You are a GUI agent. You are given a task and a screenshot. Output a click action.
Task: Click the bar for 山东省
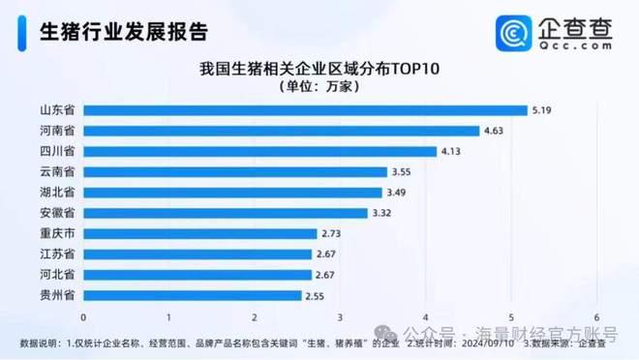pyautogui.click(x=305, y=110)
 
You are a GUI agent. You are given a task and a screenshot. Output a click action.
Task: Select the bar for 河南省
pyautogui.click(x=282, y=131)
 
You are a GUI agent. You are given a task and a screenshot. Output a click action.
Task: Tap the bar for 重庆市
pyautogui.click(x=200, y=233)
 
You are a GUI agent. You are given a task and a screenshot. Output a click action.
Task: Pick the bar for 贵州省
pyautogui.click(x=193, y=295)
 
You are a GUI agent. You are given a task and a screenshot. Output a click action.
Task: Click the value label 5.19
pyautogui.click(x=543, y=110)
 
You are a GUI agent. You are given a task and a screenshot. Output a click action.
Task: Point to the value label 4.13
pyautogui.click(x=453, y=151)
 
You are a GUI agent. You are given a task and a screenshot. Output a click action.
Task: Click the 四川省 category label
pyautogui.click(x=57, y=151)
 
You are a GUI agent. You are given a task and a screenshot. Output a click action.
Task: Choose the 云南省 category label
pyautogui.click(x=57, y=172)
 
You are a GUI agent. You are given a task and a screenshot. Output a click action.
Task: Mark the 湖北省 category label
pyautogui.click(x=57, y=193)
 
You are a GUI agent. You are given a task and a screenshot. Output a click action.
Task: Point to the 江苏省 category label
pyautogui.click(x=57, y=254)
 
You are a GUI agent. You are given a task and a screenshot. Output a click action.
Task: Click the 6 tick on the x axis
pyautogui.click(x=597, y=316)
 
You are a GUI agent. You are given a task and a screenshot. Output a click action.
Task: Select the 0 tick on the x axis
pyautogui.click(x=84, y=316)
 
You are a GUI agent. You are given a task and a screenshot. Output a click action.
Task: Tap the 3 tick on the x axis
pyautogui.click(x=341, y=316)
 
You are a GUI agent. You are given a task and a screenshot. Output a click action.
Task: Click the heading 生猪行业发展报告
pyautogui.click(x=123, y=32)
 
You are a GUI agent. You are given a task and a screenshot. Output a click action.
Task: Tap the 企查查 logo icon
pyautogui.click(x=510, y=33)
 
